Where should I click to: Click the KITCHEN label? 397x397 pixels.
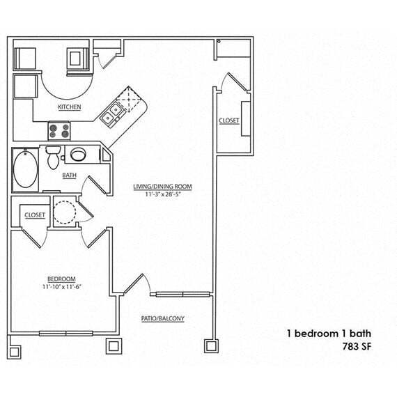coord(69,107)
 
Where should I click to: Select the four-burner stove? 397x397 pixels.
coord(59,130)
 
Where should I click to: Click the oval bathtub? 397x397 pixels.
coord(26,170)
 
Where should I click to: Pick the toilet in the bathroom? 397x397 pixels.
coord(52,156)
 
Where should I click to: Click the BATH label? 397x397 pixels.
coord(69,176)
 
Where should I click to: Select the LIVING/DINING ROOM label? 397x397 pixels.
coord(162,187)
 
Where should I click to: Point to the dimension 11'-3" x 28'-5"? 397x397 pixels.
coord(162,194)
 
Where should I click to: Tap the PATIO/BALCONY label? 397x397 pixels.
coord(162,318)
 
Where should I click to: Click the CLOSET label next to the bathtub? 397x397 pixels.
coord(35,215)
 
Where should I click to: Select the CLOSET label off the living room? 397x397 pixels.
coord(228,120)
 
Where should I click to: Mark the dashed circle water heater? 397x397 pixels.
coord(65,211)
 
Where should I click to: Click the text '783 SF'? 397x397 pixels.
coord(355,345)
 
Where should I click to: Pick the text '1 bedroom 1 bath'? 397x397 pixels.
coord(326,333)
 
